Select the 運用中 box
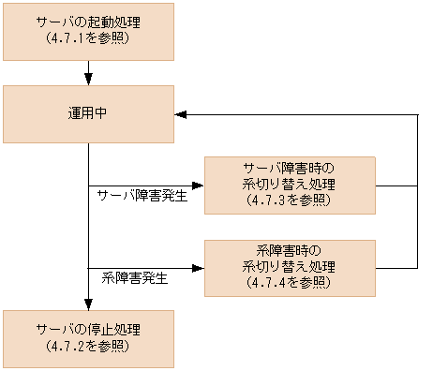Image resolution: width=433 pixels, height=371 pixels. [88, 114]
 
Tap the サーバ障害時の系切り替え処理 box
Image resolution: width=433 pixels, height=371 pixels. [290, 185]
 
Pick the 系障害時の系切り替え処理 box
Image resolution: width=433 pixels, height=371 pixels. [290, 268]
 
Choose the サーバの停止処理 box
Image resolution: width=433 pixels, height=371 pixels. [88, 338]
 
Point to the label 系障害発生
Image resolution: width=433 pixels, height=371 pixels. [134, 278]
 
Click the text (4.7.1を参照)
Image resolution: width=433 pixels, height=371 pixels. [88, 41]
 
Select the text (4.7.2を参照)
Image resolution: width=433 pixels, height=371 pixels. [88, 347]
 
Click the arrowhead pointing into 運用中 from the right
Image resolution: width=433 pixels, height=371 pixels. [181, 114]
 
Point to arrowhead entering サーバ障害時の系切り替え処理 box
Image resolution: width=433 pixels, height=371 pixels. [198, 185]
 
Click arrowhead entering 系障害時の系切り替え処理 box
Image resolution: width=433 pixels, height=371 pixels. [198, 268]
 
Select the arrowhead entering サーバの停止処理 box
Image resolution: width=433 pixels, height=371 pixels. [88, 304]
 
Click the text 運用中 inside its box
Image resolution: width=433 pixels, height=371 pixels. [88, 114]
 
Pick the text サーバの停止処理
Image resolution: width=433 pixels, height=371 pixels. [88, 330]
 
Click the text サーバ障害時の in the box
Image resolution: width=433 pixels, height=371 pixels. [290, 169]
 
